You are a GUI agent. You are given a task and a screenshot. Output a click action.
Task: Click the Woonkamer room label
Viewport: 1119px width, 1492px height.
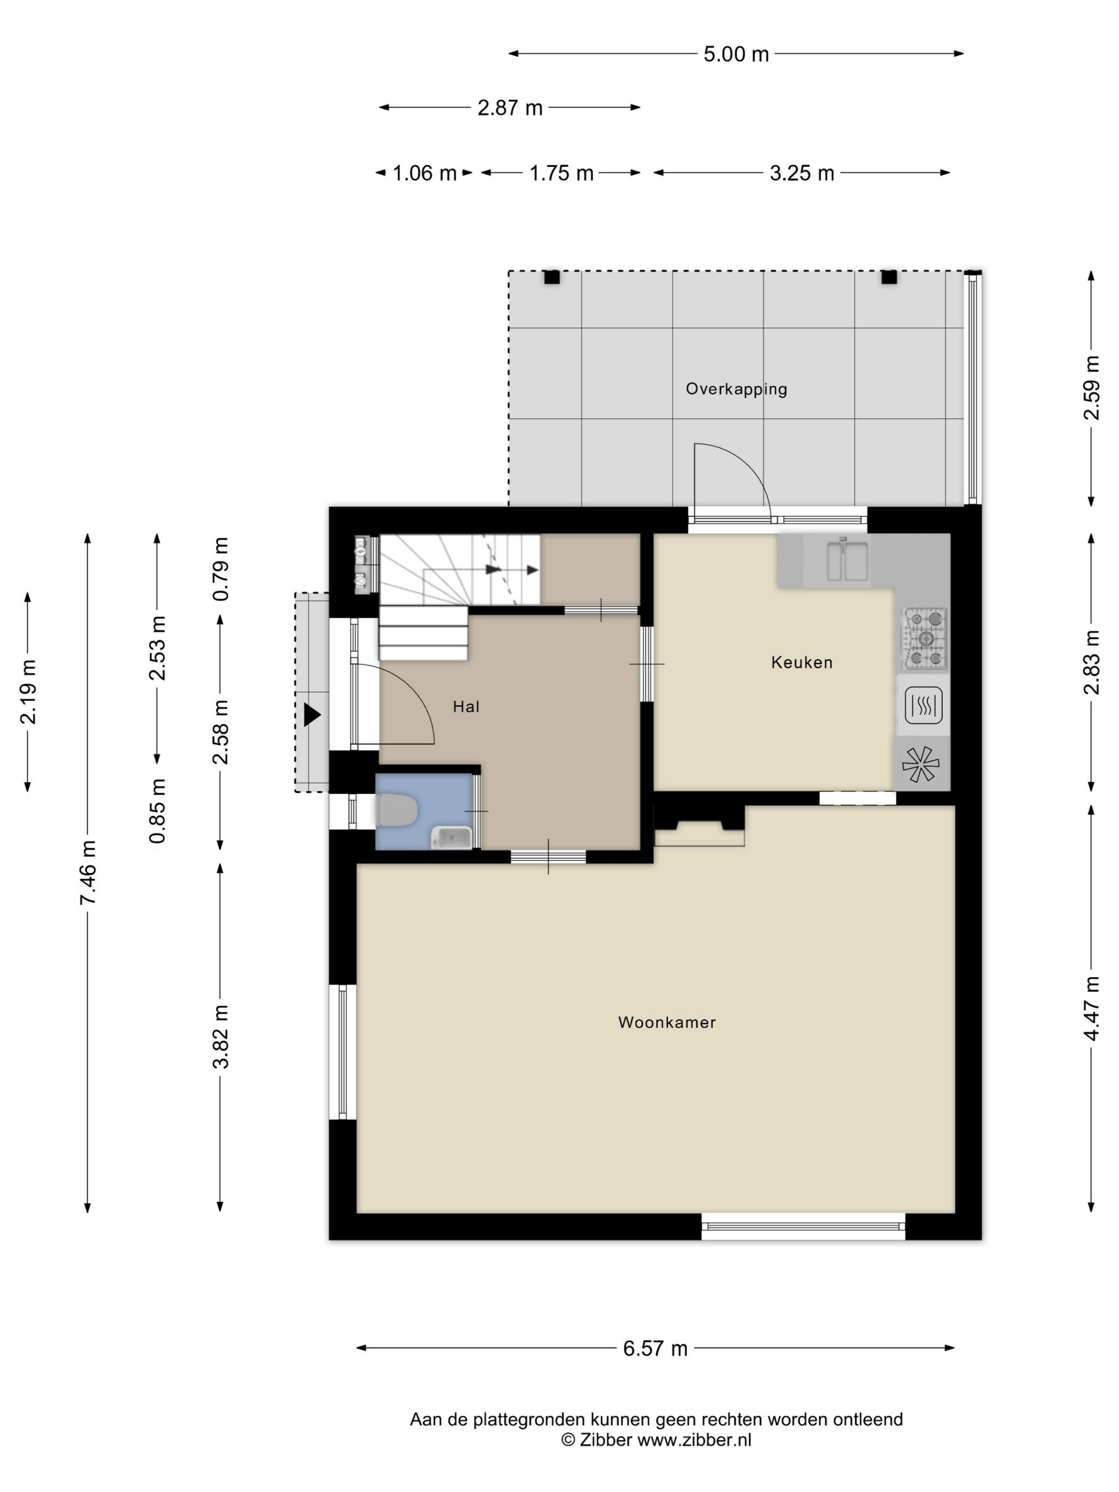[x=667, y=1022]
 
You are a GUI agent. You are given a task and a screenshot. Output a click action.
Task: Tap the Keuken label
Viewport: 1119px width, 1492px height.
[x=801, y=662]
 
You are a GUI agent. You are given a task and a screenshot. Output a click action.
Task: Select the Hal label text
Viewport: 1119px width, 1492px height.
[x=466, y=706]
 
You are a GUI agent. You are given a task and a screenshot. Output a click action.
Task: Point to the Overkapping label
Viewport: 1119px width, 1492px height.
[x=736, y=389]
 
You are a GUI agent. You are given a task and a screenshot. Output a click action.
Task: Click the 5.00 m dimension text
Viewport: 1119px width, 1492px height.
[x=736, y=54]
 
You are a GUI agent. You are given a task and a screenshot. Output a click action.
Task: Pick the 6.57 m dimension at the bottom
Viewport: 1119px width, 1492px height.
[x=655, y=1348]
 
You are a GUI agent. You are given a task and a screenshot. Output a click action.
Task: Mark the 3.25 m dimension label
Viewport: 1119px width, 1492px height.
[x=801, y=173]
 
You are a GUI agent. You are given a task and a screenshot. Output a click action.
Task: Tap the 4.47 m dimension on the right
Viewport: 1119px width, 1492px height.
[x=1091, y=1008]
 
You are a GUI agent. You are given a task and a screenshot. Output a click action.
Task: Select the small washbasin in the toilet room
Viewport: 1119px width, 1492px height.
[x=452, y=837]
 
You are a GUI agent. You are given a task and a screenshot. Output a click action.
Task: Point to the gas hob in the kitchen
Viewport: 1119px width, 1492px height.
[x=926, y=638]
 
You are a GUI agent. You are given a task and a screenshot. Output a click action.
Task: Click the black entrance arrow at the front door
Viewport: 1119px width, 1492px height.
[x=312, y=715]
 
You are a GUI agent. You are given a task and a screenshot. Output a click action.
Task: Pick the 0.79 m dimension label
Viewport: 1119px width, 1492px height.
[x=221, y=569]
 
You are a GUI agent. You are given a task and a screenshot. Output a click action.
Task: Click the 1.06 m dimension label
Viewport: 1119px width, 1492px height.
[x=424, y=173]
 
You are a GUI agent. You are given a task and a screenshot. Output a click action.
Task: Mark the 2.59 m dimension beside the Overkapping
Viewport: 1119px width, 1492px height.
[x=1091, y=388]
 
